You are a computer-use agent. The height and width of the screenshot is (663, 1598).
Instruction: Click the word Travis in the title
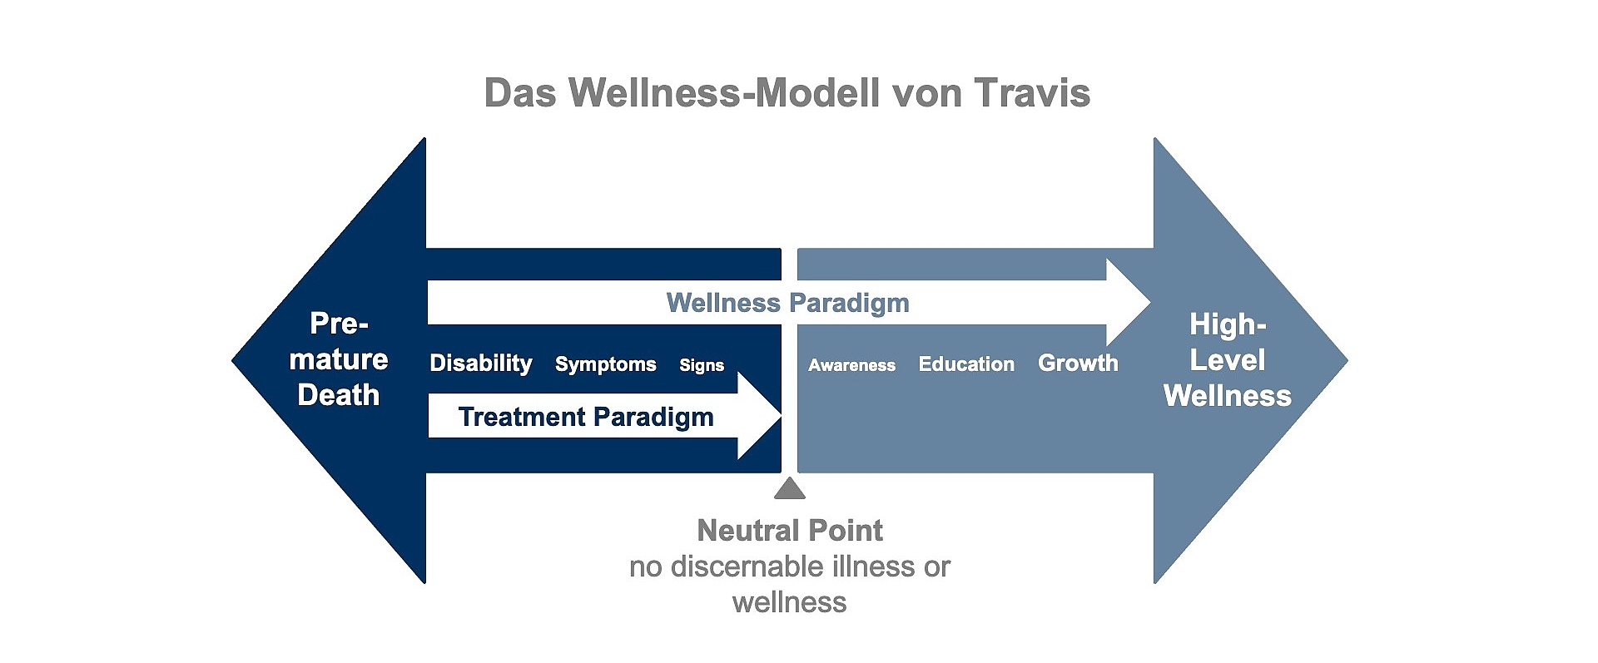coord(1031,93)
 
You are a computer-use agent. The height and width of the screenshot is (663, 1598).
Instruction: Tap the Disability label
coord(480,364)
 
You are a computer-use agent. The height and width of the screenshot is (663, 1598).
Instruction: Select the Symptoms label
coord(605,364)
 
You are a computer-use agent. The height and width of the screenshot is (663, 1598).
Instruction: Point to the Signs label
coord(702,365)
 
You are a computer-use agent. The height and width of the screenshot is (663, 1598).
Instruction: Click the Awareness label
coord(851,365)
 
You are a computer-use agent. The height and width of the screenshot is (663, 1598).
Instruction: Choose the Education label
coord(966,364)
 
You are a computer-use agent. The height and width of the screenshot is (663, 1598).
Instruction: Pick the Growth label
coord(1078,364)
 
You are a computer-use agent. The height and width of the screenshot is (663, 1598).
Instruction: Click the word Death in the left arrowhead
coord(338,395)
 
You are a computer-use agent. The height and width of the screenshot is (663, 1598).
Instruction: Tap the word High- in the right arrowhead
coord(1228,324)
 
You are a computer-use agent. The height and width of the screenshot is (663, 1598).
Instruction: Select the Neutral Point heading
coord(789,530)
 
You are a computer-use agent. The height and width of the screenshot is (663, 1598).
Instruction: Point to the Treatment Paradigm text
coord(586,417)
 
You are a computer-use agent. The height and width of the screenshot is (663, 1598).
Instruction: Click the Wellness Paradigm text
coord(787,303)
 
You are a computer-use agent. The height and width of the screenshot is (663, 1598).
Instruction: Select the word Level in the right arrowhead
coord(1228,360)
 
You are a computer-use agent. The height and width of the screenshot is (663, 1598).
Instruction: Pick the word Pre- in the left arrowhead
coord(339,324)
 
